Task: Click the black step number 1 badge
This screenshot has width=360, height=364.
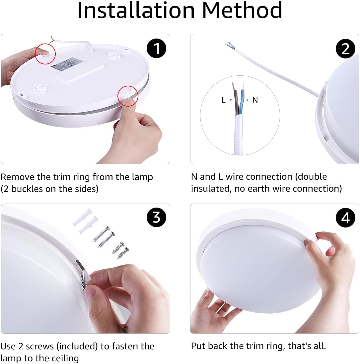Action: point(156,48)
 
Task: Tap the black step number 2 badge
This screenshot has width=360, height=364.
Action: point(345,49)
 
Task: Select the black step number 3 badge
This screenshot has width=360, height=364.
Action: point(156,218)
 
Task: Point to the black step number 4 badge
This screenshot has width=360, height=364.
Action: point(345,218)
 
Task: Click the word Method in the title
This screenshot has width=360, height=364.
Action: point(242,11)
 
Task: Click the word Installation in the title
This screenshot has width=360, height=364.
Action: point(136,11)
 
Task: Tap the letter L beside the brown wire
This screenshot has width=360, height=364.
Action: point(223,100)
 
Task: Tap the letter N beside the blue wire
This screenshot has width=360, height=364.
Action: point(255,100)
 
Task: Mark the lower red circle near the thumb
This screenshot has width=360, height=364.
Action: point(128,96)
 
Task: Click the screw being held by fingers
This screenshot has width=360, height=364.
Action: point(83,279)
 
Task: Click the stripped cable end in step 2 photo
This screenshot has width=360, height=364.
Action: point(229,45)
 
